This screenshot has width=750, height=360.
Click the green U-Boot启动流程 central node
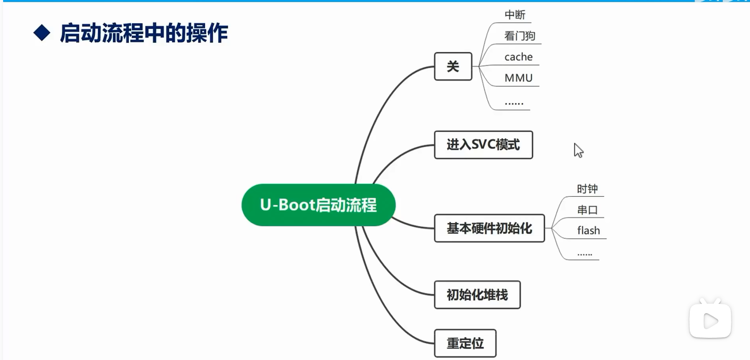tap(318, 205)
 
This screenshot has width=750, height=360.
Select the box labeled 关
tap(453, 66)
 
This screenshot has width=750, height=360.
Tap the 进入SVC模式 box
tap(483, 145)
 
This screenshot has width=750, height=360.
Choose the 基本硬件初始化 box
tap(489, 228)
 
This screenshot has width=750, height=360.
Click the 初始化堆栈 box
tap(477, 295)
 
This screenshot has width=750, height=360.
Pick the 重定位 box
tap(465, 343)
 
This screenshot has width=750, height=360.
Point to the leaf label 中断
tap(515, 15)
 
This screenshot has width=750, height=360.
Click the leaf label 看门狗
tap(520, 36)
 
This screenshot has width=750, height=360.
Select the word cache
tap(518, 57)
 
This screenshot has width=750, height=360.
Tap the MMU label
tap(518, 78)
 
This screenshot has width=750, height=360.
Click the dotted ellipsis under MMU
tap(514, 102)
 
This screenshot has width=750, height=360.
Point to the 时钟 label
tap(587, 189)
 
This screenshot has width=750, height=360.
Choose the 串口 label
tap(587, 210)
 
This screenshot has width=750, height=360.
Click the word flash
tap(588, 231)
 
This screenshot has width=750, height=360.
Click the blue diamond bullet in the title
tap(42, 33)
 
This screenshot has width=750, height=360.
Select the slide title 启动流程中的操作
tap(144, 33)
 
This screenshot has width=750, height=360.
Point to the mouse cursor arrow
tap(578, 150)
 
